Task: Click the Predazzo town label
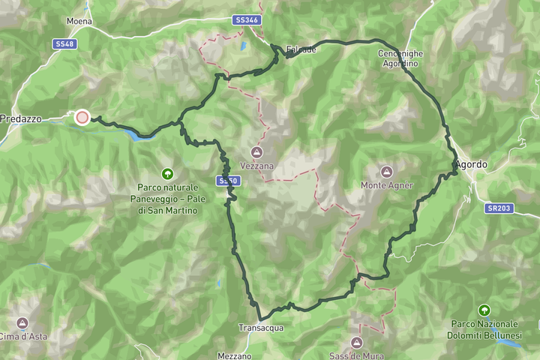coord(25,118)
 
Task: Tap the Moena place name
coord(79,21)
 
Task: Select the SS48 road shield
coord(64,44)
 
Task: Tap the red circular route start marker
coord(82,117)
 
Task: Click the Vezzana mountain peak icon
coord(258,151)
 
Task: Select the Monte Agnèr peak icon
coord(386,172)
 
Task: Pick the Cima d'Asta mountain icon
coord(22,323)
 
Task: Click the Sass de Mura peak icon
coord(355,343)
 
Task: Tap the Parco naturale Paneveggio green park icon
coord(167,173)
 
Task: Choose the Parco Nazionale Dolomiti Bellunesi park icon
coord(484,310)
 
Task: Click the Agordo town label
coord(471,164)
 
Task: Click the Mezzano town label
coord(235,355)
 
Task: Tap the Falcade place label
coord(301,49)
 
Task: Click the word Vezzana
coord(258,165)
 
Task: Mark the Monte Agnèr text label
coord(386,185)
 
